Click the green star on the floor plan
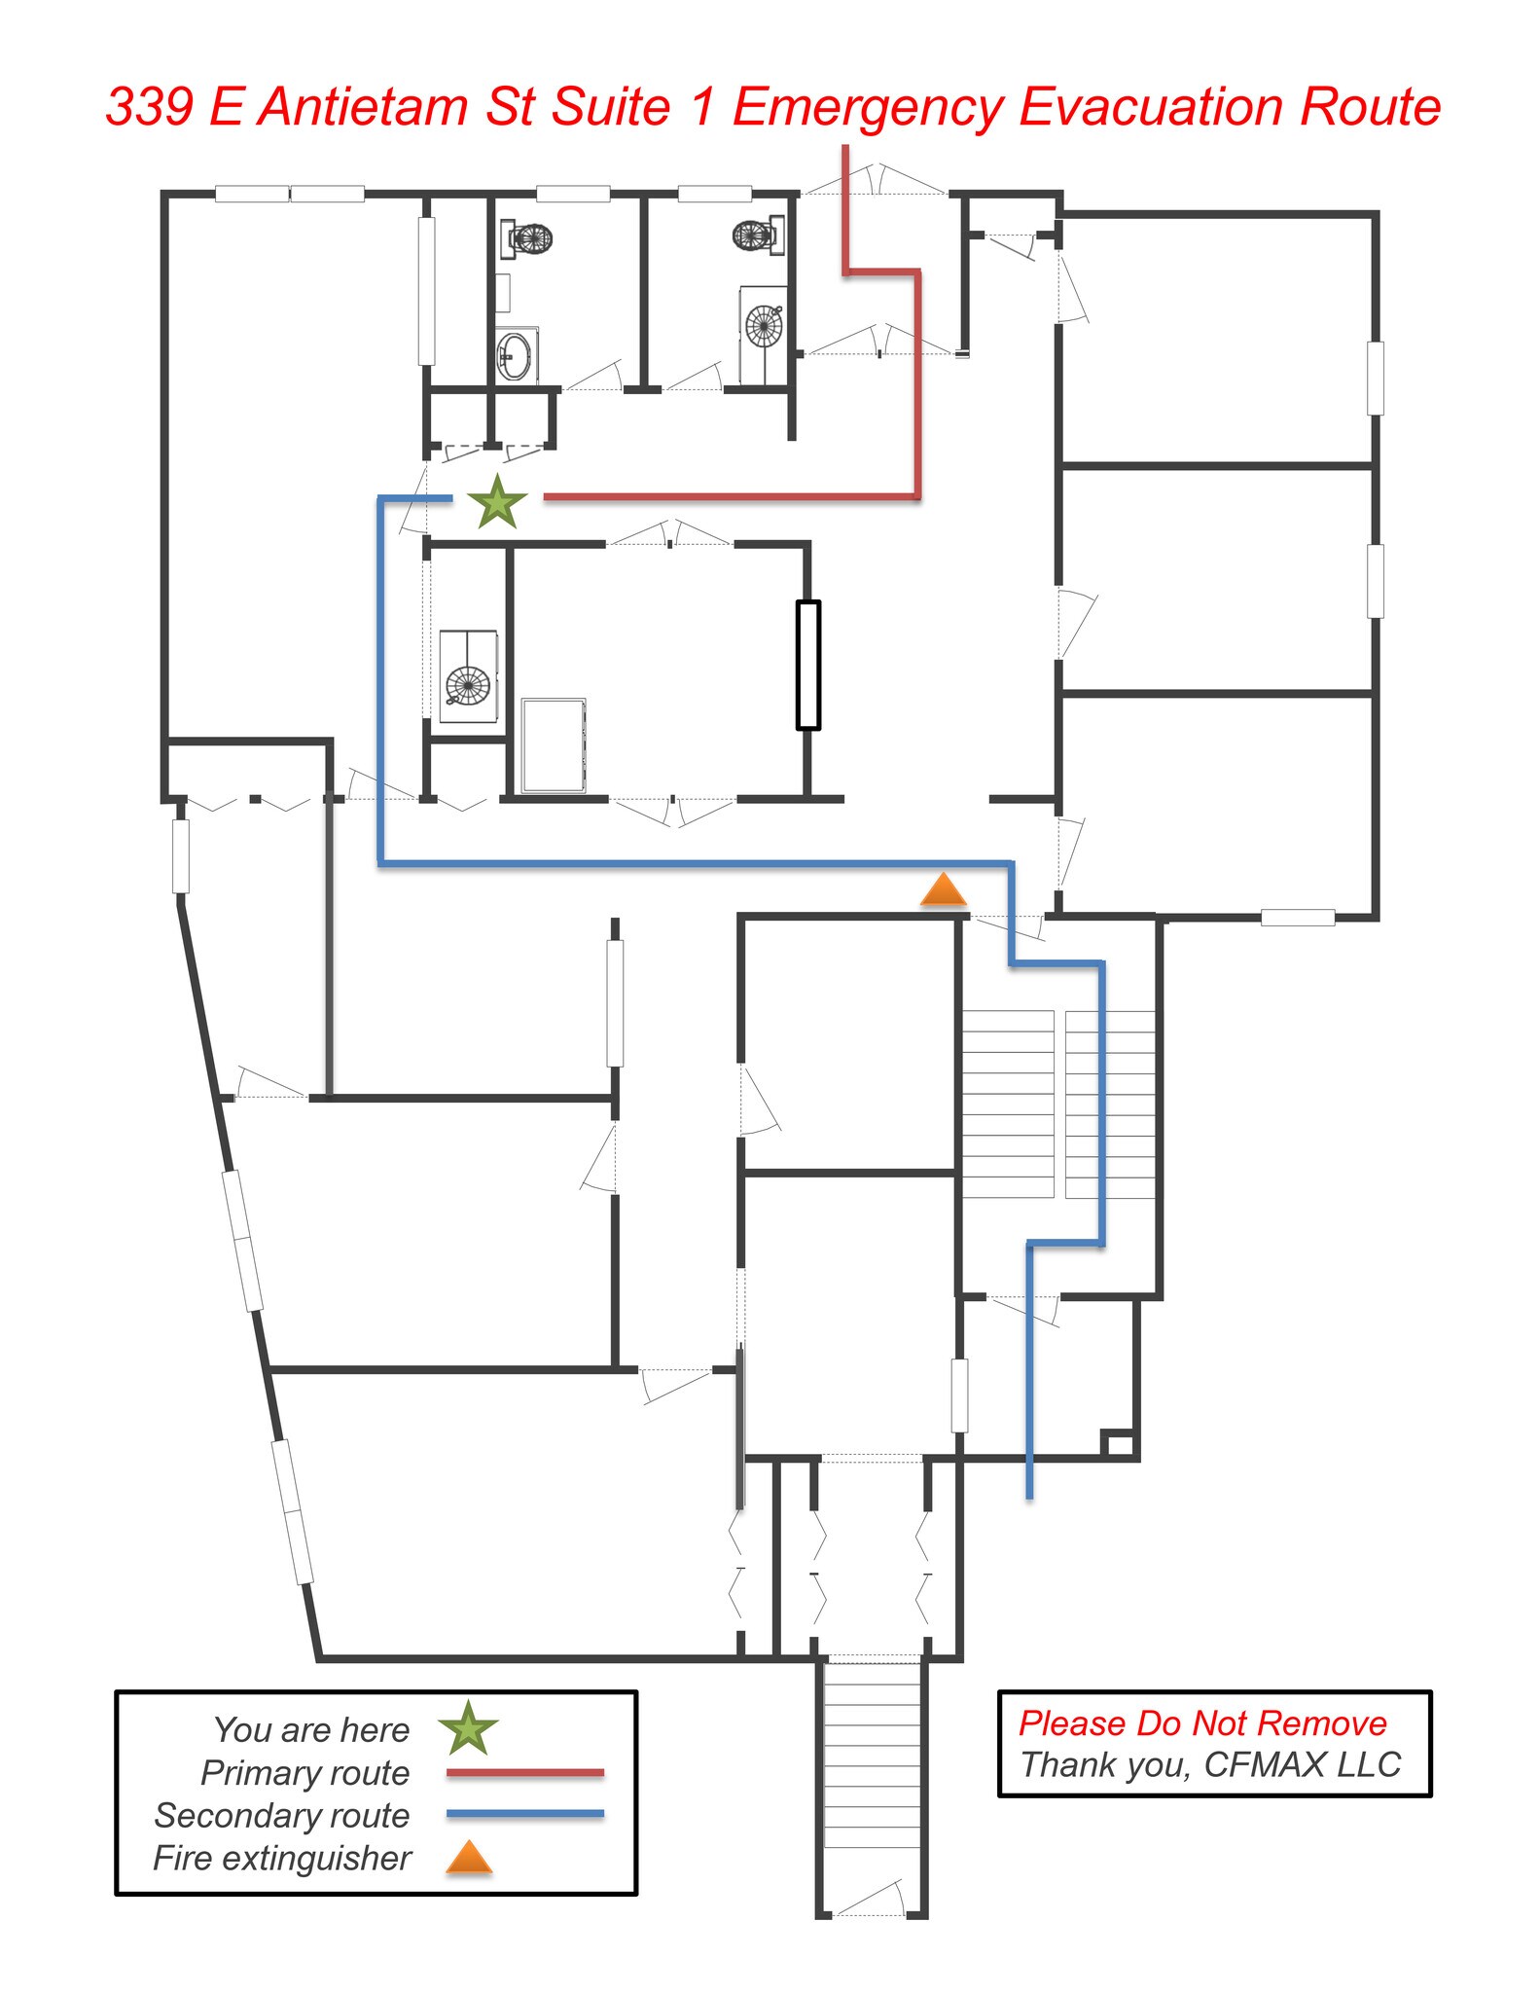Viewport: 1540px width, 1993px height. pos(497,502)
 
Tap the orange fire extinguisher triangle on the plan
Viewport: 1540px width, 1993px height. pos(943,890)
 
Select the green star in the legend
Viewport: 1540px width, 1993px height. pos(468,1728)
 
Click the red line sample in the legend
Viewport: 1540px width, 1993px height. pos(525,1773)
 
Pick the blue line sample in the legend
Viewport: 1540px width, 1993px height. pos(525,1814)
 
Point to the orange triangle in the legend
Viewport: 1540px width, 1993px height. pos(469,1858)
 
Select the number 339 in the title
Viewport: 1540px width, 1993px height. pos(150,106)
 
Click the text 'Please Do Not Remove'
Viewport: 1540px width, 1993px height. pos(1202,1723)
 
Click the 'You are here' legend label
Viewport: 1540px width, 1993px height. pos(311,1730)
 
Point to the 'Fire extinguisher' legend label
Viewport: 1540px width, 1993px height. pos(282,1859)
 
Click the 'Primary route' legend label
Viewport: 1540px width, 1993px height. pos(304,1773)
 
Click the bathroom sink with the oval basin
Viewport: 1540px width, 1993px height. pos(515,356)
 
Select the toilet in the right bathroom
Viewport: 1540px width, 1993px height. pos(758,235)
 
